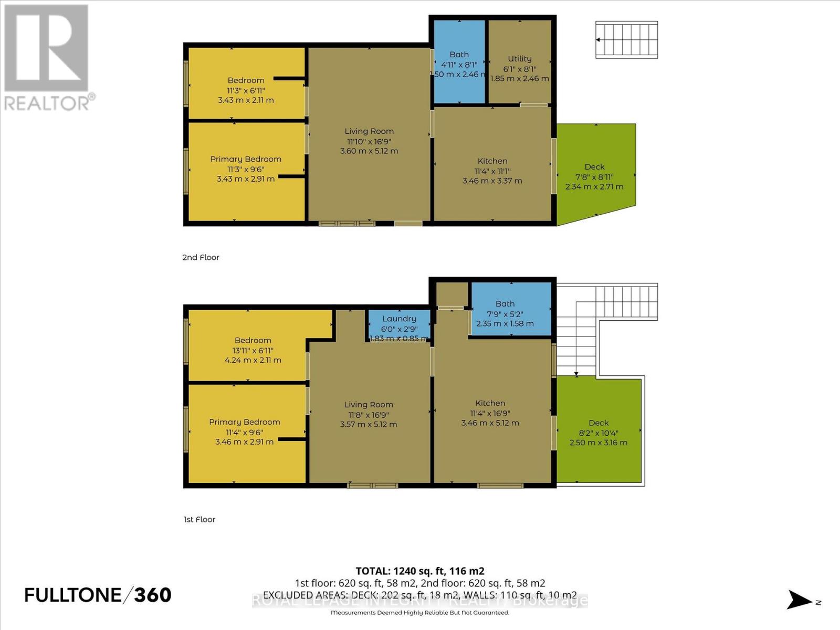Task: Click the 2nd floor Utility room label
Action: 519,59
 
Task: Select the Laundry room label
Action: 399,319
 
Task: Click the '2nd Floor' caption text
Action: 201,257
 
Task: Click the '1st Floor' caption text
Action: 199,519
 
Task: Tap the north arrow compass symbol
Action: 801,600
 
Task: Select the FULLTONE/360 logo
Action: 98,595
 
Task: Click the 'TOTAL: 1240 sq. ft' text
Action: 419,571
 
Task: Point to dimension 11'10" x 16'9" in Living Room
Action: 369,141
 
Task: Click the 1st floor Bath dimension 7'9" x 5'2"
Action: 505,314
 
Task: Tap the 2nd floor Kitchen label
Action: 492,161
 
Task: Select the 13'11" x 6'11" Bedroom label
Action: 253,350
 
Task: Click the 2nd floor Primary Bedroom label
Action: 246,159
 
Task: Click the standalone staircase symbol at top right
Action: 626,40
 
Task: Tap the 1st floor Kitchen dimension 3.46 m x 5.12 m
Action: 490,423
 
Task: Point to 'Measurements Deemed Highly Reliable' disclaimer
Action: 419,613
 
